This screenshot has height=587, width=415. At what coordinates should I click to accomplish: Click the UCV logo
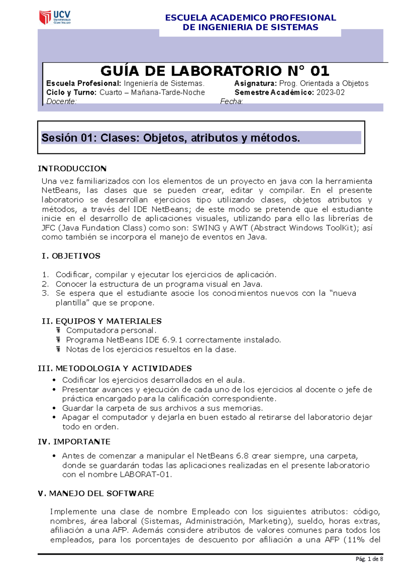pos(55,17)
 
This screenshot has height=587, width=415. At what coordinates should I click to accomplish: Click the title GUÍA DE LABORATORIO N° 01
pos(214,71)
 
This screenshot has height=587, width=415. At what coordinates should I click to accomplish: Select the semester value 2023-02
pos(330,93)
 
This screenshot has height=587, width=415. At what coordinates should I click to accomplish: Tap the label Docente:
pos(61,101)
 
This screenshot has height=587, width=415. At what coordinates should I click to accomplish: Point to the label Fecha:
pos(231,101)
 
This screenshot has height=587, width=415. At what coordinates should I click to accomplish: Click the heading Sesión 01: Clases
pos(170,138)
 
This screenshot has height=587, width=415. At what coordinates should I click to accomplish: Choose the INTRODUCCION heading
pos(72,169)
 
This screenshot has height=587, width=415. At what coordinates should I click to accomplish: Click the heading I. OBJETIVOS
pos(71,256)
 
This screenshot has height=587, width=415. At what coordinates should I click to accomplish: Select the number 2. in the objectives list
pos(45,284)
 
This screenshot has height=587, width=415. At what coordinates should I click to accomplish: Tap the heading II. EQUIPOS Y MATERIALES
pos(101,321)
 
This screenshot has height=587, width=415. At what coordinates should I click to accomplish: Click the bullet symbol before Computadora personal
pos(58,330)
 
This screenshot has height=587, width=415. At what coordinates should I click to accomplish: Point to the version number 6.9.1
pos(172,340)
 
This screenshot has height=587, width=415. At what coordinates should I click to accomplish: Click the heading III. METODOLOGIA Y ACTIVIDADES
pos(114,369)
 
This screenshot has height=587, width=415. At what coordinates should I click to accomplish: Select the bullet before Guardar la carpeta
pos(54,408)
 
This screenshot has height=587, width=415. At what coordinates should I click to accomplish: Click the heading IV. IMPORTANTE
pos(74,442)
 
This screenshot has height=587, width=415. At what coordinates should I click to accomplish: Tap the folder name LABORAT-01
pos(145,475)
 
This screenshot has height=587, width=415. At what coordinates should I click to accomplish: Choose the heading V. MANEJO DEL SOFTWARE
pos(96,494)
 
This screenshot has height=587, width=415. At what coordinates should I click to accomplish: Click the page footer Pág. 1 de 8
pos(369,559)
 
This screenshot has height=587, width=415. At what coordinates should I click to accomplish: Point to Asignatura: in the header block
pos(255,84)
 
